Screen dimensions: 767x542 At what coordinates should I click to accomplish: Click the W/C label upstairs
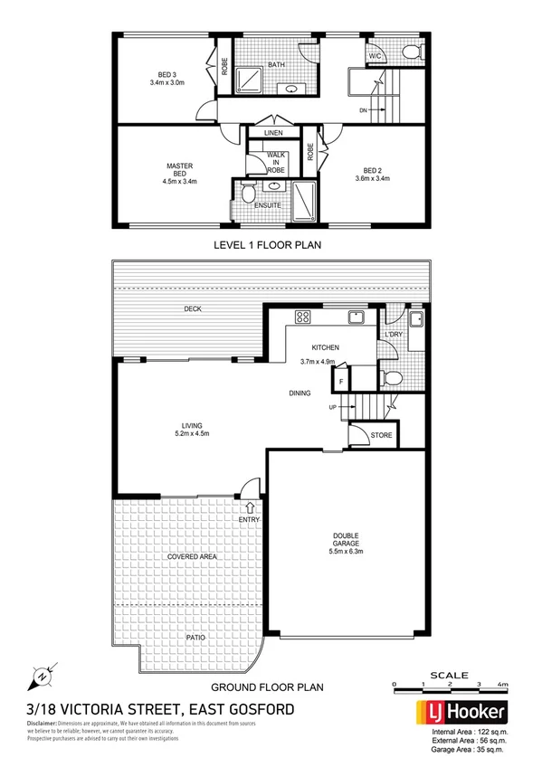click(x=375, y=56)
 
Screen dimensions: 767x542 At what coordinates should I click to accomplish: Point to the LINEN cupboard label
click(x=273, y=134)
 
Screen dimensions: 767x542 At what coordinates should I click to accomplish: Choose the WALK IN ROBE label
click(x=276, y=162)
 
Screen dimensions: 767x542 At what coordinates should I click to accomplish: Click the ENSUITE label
click(x=268, y=205)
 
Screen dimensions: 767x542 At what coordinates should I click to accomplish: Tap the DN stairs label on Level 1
click(x=364, y=111)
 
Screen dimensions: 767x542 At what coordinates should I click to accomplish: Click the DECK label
click(x=192, y=309)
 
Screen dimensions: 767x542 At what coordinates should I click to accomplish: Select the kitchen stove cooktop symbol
click(x=303, y=317)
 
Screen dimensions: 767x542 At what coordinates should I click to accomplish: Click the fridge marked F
click(x=341, y=382)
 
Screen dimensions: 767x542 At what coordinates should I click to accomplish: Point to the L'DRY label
click(x=394, y=336)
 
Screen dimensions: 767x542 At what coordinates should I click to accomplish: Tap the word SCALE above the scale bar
click(x=449, y=674)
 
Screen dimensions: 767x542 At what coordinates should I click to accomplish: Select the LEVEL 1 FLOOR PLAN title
click(x=267, y=244)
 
